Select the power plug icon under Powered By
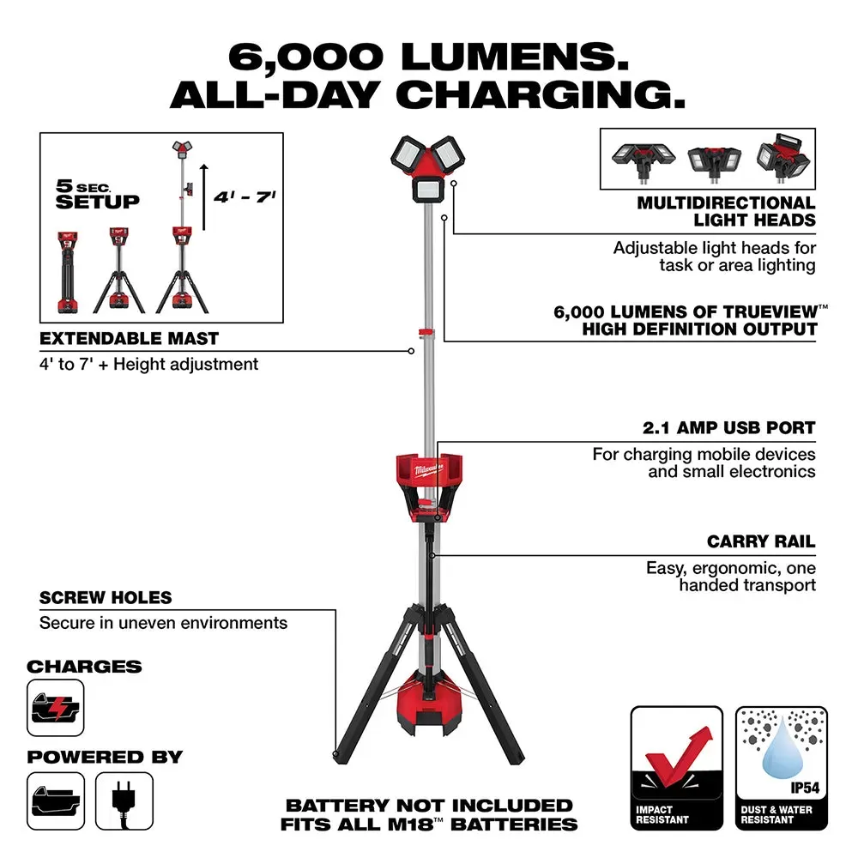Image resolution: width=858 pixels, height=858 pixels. pyautogui.click(x=124, y=800)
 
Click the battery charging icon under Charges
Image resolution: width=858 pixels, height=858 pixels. pyautogui.click(x=56, y=707)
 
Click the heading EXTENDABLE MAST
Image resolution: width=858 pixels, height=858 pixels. pyautogui.click(x=129, y=339)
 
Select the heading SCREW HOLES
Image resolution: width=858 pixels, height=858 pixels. pyautogui.click(x=106, y=597)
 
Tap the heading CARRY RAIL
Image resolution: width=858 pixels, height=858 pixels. pyautogui.click(x=761, y=542)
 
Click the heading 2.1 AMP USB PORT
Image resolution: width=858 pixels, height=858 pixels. pyautogui.click(x=728, y=427)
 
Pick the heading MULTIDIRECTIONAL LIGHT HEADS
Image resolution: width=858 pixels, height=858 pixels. pyautogui.click(x=726, y=211)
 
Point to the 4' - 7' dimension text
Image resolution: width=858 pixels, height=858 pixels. pyautogui.click(x=233, y=196)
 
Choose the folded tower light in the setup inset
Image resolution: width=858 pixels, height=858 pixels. pyautogui.click(x=65, y=270)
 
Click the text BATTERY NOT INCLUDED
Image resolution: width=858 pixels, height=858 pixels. pyautogui.click(x=429, y=805)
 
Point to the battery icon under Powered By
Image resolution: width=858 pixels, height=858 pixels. pyautogui.click(x=56, y=800)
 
